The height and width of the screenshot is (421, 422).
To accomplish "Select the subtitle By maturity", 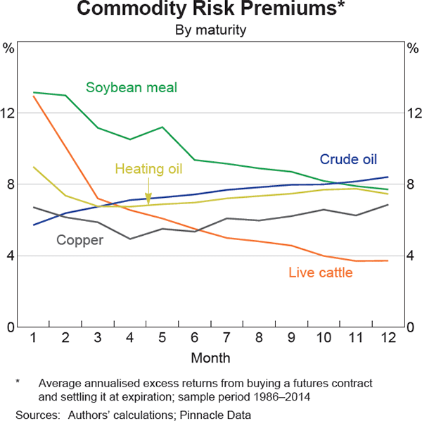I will click(x=211, y=30).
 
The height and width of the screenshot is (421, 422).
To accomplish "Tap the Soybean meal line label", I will click(x=132, y=88).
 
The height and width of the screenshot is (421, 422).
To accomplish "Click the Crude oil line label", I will click(x=348, y=159).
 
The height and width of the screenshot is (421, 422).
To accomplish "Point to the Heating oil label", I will click(x=148, y=169).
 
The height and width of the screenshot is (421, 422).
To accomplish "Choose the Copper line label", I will click(x=79, y=240).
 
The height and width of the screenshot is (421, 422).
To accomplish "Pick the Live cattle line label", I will click(x=321, y=272).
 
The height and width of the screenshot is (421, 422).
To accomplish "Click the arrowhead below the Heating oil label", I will click(x=148, y=200).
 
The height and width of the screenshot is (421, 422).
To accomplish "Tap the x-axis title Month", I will click(x=210, y=358).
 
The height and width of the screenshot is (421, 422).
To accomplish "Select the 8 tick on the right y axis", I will click(x=411, y=184).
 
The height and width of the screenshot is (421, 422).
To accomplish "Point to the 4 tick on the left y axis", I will click(x=11, y=256).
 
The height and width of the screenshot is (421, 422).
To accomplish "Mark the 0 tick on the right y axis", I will click(x=411, y=327).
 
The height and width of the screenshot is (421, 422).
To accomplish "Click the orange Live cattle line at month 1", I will click(x=33, y=96).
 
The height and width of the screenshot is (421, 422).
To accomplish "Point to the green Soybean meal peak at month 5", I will click(x=162, y=127).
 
